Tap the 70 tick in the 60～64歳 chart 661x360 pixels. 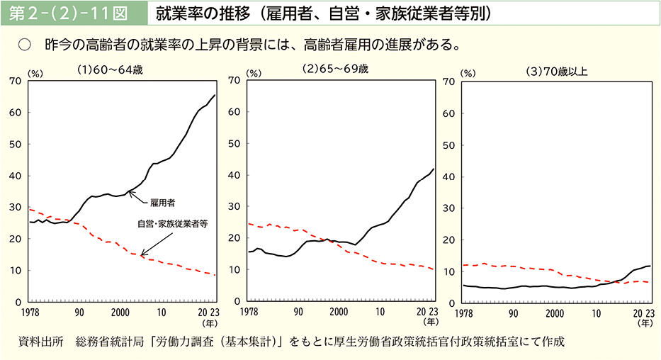click(x=15, y=81)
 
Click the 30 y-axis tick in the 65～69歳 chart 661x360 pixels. click(x=232, y=208)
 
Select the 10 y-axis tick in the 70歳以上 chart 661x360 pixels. click(x=448, y=271)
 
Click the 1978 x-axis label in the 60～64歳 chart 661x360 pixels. click(x=29, y=312)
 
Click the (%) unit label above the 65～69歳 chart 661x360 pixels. click(x=253, y=74)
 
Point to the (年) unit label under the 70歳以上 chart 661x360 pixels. click(x=645, y=322)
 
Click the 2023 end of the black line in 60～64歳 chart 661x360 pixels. click(x=215, y=95)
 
